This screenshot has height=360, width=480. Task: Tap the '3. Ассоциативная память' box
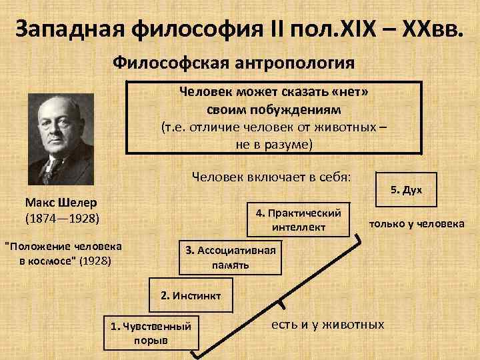click(231, 257)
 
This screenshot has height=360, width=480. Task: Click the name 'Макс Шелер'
click(61, 201)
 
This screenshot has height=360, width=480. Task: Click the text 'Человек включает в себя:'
click(275, 177)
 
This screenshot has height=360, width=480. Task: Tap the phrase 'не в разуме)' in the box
click(273, 142)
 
